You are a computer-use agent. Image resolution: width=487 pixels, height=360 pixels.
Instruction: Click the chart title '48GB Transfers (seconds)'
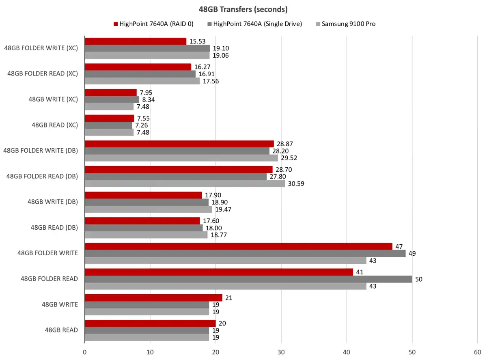click(x=244, y=9)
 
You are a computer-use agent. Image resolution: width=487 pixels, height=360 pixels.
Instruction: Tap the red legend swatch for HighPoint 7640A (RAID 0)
click(x=116, y=24)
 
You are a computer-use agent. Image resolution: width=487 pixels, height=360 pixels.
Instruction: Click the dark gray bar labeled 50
click(x=248, y=279)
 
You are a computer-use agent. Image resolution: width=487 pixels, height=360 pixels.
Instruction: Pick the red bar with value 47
click(x=239, y=246)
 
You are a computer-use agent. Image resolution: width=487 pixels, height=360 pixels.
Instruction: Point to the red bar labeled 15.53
click(x=136, y=41)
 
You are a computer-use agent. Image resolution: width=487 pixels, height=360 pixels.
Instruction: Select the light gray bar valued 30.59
click(x=185, y=183)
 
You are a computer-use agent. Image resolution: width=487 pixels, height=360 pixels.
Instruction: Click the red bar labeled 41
click(x=219, y=272)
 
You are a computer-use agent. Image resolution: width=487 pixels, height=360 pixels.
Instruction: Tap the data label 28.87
click(x=285, y=144)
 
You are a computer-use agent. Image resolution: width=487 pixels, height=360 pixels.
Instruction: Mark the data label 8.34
click(x=149, y=99)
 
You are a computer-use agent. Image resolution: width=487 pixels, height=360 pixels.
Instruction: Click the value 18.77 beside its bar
click(x=219, y=235)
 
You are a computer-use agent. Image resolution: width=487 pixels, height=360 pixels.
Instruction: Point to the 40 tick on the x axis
click(x=347, y=352)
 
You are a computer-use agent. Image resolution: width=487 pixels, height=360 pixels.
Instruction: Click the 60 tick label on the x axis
click(x=478, y=352)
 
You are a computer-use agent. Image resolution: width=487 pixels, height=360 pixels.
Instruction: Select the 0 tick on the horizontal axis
click(x=84, y=352)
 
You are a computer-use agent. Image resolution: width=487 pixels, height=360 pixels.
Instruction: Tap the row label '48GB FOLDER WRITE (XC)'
click(x=41, y=48)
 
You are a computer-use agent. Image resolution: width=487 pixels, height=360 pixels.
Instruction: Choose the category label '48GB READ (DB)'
click(x=54, y=227)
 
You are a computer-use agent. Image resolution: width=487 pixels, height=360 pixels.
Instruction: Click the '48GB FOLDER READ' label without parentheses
click(x=50, y=279)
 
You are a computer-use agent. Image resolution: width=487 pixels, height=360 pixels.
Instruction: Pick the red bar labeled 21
click(x=153, y=297)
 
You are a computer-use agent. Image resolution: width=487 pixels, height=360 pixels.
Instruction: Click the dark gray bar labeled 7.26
click(x=108, y=125)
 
